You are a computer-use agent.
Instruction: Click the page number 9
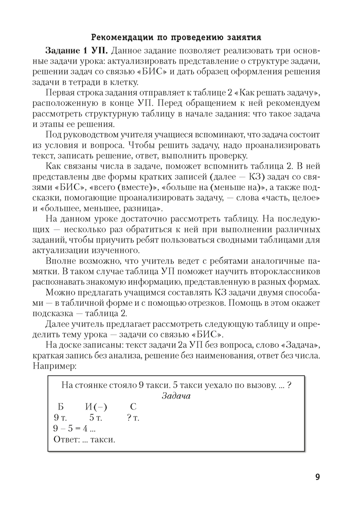[x=317, y=477]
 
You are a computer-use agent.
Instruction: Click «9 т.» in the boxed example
[x=60, y=418]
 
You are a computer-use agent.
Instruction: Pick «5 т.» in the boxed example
[x=96, y=418]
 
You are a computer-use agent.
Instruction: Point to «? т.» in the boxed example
[x=133, y=418]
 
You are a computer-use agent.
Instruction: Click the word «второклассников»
[x=286, y=271]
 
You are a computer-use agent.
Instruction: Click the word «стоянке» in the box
[x=90, y=384]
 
